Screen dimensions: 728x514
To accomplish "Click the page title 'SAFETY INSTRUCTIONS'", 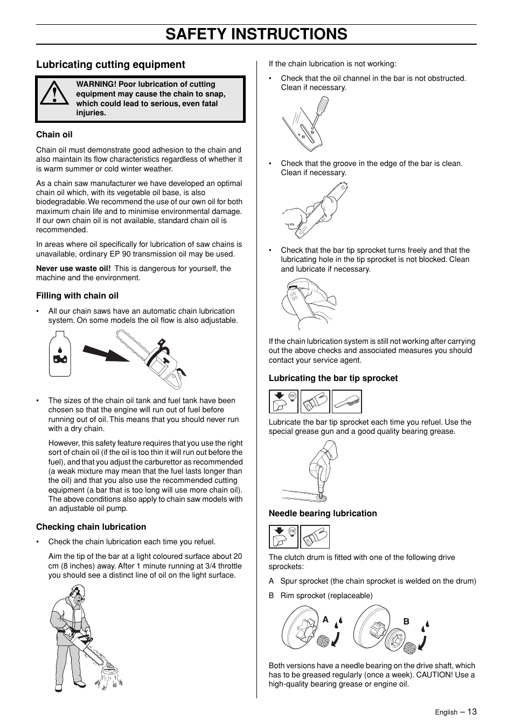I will [256, 34].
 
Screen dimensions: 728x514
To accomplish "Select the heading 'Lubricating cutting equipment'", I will [110, 65].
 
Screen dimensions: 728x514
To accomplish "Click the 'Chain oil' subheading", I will [54, 135].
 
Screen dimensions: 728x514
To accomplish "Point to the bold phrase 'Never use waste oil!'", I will [73, 268].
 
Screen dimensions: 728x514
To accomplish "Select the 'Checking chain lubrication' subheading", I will [91, 527].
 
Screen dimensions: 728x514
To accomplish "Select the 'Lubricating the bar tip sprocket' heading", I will [333, 378].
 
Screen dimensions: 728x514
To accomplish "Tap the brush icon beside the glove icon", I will [346, 401].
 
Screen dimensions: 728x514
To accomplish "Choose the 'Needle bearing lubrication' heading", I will [323, 514].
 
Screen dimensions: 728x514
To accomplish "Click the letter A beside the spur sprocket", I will [325, 620].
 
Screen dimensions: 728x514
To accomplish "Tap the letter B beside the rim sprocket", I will [406, 621].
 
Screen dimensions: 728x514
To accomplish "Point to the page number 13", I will [472, 711].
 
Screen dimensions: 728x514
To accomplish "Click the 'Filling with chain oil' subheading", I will [77, 296].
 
